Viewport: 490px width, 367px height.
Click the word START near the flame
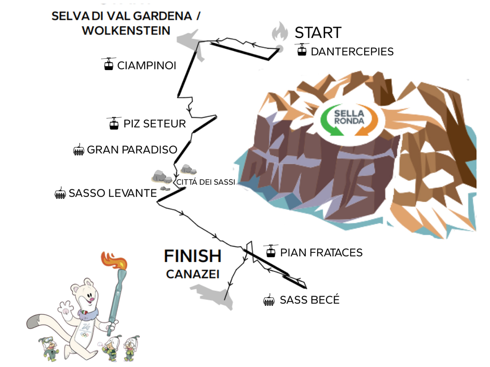[318, 33]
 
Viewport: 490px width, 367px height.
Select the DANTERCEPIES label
[352, 52]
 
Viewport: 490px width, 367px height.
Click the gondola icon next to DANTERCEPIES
[302, 50]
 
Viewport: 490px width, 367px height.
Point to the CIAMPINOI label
[147, 66]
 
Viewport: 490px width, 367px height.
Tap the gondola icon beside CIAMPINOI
[109, 64]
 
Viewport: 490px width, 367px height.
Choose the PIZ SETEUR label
[154, 124]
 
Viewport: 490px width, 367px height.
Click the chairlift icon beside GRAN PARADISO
[78, 150]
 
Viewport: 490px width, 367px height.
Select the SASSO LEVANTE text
[113, 193]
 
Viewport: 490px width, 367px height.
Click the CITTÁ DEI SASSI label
[206, 182]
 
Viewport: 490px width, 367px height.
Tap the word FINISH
[193, 256]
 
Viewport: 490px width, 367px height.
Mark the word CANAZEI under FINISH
[193, 274]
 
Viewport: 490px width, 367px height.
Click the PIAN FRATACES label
[321, 253]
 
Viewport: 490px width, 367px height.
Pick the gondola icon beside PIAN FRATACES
[270, 251]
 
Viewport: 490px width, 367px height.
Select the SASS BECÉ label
[310, 300]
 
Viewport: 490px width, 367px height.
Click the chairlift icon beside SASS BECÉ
[269, 301]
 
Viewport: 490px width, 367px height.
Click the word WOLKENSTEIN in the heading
[126, 31]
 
